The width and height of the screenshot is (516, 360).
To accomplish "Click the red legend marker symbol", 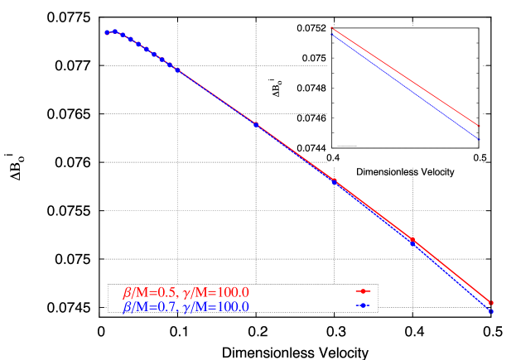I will [361, 291].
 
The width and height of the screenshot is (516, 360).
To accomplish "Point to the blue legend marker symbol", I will [361, 306].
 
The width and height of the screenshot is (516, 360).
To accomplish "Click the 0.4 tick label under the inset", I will [332, 158].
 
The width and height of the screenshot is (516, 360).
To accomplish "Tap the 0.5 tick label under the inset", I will [478, 158].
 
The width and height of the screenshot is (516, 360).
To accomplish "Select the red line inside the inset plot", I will [406, 77].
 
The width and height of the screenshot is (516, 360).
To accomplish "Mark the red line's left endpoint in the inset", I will [330, 28].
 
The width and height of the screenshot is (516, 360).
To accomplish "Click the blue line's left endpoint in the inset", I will [330, 35].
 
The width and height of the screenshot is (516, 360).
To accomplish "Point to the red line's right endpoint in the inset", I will [480, 126].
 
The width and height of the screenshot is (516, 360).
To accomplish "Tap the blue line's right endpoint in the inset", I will [480, 138].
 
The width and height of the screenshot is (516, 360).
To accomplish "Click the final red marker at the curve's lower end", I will [490, 303].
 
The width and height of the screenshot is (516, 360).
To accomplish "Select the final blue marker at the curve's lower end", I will [490, 311].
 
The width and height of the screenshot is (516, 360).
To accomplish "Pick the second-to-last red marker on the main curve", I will [412, 240].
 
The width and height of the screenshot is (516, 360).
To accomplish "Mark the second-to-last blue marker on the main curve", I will [412, 243].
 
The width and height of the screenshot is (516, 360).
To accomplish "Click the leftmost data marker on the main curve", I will [107, 32].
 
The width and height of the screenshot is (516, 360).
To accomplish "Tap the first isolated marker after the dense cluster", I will [256, 124].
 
